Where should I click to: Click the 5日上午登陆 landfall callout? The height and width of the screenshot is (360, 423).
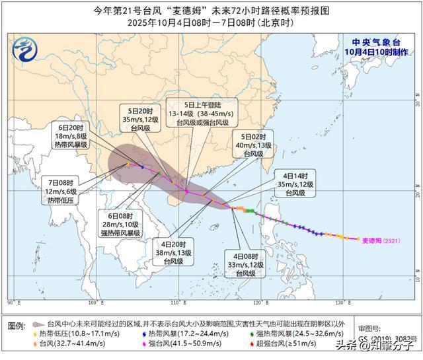tap(198, 113)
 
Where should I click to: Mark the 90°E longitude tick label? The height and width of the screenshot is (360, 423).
tap(13, 303)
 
